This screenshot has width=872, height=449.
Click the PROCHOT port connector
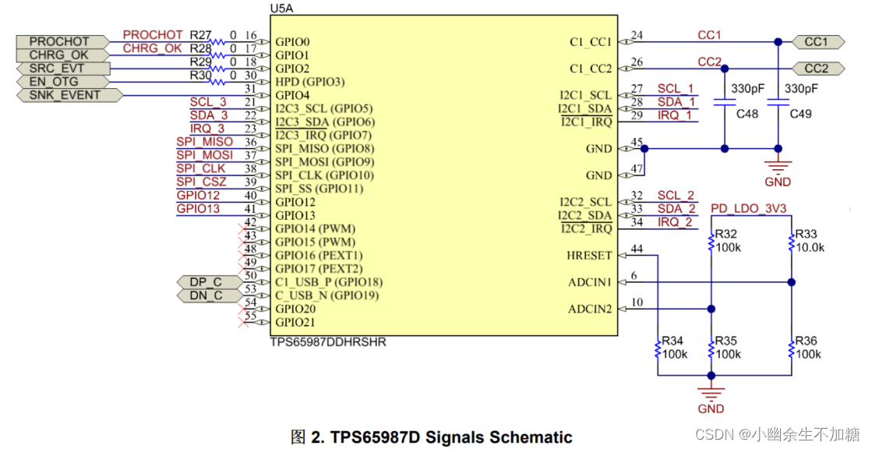pyautogui.click(x=59, y=41)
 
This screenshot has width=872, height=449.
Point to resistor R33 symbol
pyautogui.click(x=791, y=242)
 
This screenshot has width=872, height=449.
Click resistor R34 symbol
pyautogui.click(x=658, y=349)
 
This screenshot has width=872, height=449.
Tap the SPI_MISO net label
pyautogui.click(x=204, y=142)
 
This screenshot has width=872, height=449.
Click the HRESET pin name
pyautogui.click(x=589, y=255)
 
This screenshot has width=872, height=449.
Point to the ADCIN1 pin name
pyautogui.click(x=590, y=281)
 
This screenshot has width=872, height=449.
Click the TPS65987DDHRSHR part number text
pyautogui.click(x=327, y=342)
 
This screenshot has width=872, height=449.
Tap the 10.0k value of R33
pyautogui.click(x=810, y=247)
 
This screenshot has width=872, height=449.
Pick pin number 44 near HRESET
pyautogui.click(x=637, y=249)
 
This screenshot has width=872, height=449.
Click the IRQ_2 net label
pyautogui.click(x=675, y=222)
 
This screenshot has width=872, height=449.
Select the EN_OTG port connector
pyautogui.click(x=54, y=82)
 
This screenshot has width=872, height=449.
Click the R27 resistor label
pyautogui.click(x=201, y=35)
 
